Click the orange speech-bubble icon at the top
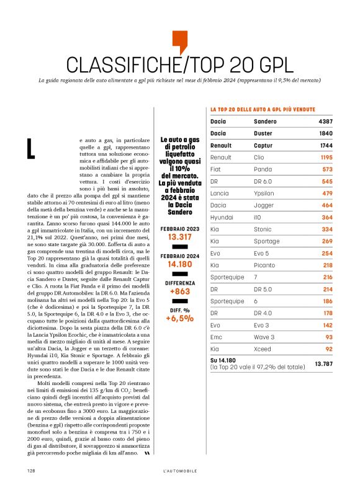click(x=179, y=41)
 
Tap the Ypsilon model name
click(x=268, y=193)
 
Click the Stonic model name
click(x=264, y=229)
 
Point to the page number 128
click(x=30, y=471)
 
